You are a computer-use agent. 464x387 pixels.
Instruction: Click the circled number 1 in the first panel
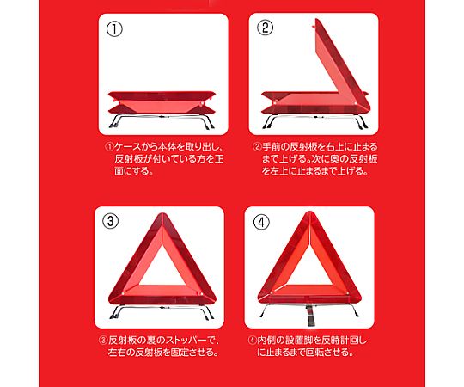[114, 29]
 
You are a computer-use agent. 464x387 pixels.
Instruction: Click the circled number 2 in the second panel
[266, 28]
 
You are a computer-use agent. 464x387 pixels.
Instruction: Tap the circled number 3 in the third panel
[110, 221]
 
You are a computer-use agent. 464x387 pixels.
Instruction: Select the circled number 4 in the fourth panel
[261, 222]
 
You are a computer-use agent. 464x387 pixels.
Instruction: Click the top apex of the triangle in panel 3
[162, 214]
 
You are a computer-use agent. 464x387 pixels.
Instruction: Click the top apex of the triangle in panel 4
[309, 212]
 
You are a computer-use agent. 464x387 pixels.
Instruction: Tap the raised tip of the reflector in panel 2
[317, 20]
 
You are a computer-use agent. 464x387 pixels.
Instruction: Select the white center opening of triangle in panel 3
[162, 270]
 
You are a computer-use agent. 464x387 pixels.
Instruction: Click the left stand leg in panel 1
[114, 121]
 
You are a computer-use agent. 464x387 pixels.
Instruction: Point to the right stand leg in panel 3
[208, 312]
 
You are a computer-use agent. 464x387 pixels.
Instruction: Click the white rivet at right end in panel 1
[203, 104]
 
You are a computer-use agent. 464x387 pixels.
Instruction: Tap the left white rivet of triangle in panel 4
[271, 292]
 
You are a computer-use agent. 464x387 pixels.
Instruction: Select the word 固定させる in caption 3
[191, 353]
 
